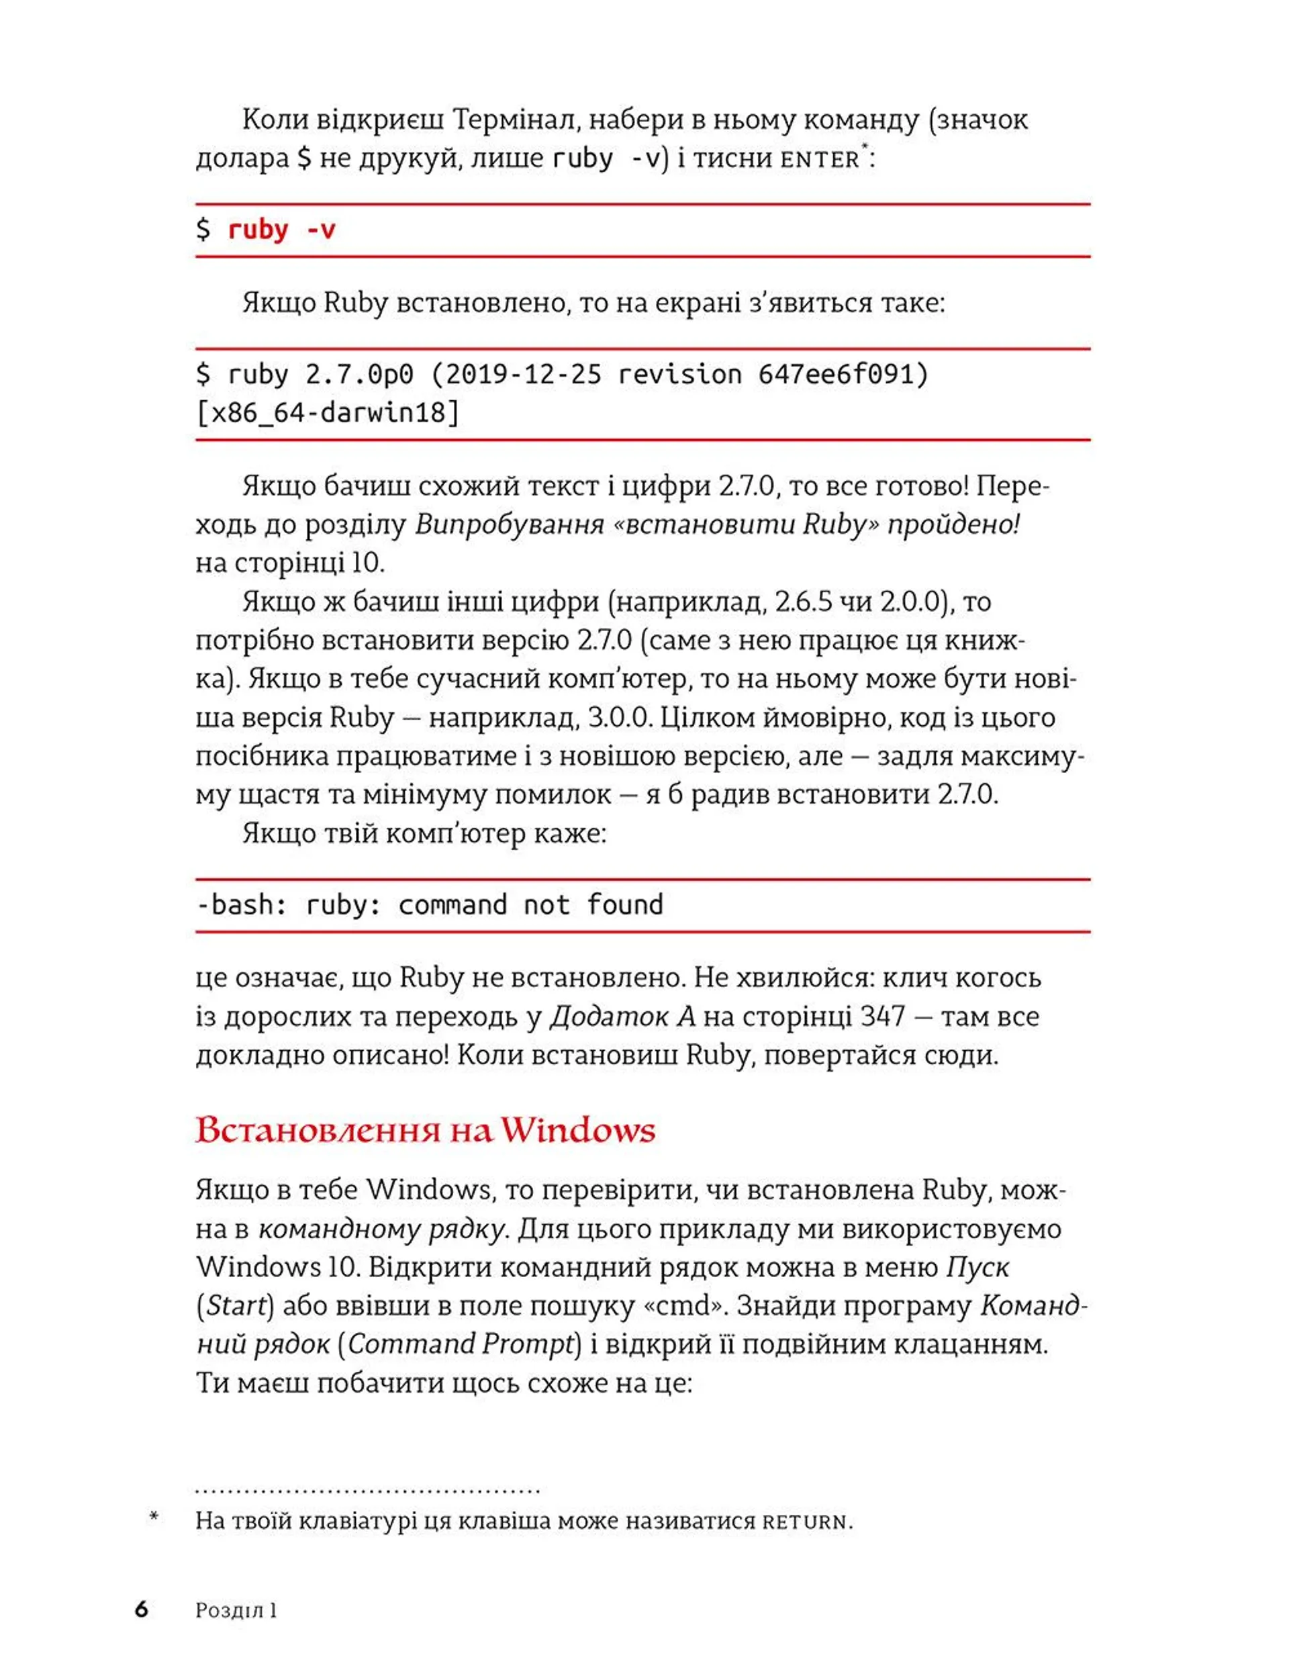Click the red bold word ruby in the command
tap(258, 230)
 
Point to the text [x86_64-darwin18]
tap(328, 414)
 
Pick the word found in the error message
tap(624, 905)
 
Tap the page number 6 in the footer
tap(141, 1609)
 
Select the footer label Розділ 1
tap(236, 1610)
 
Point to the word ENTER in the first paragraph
tap(820, 160)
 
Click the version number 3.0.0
tap(618, 718)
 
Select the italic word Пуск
tap(977, 1266)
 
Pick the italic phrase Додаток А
tap(622, 1016)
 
